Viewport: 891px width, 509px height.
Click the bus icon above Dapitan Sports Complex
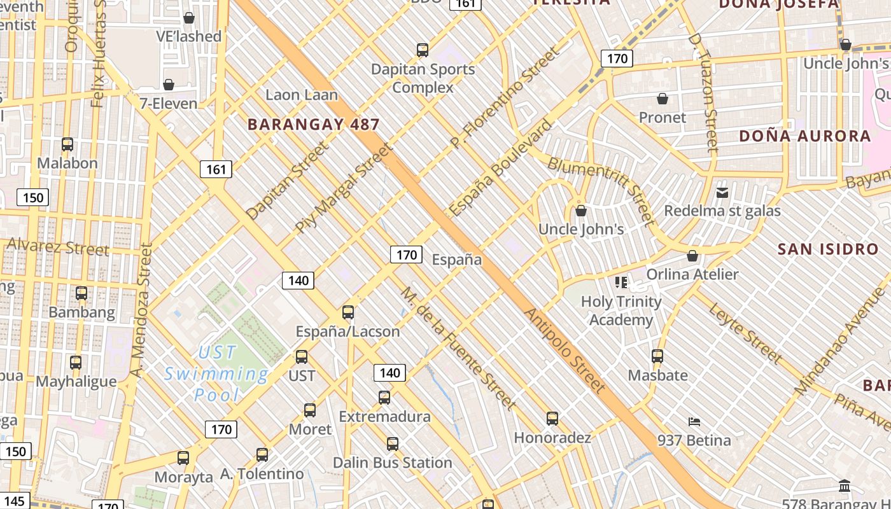coord(422,50)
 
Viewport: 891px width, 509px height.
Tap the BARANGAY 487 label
coord(313,125)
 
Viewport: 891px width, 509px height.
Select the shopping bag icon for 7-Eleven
coord(169,85)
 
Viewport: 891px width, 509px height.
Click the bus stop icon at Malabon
coord(67,144)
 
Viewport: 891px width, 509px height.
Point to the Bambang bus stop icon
coord(81,293)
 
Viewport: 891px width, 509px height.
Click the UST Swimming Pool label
coord(216,373)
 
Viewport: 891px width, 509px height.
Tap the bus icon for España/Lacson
coord(348,312)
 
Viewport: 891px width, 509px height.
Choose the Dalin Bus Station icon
coord(393,444)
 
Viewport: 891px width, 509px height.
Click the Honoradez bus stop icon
coord(552,419)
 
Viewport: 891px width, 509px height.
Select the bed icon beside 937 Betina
coord(694,421)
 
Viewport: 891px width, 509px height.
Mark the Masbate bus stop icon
coord(657,356)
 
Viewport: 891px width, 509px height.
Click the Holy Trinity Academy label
coord(621,310)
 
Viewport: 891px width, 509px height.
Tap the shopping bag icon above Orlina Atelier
coord(692,256)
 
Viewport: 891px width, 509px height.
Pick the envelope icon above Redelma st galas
coord(722,192)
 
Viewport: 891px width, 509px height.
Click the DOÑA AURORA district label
coord(804,136)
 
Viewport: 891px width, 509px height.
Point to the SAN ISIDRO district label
coord(828,249)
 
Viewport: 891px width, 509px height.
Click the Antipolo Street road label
coord(565,350)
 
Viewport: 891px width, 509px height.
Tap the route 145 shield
coord(13,501)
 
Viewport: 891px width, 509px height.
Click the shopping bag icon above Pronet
coord(663,99)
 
